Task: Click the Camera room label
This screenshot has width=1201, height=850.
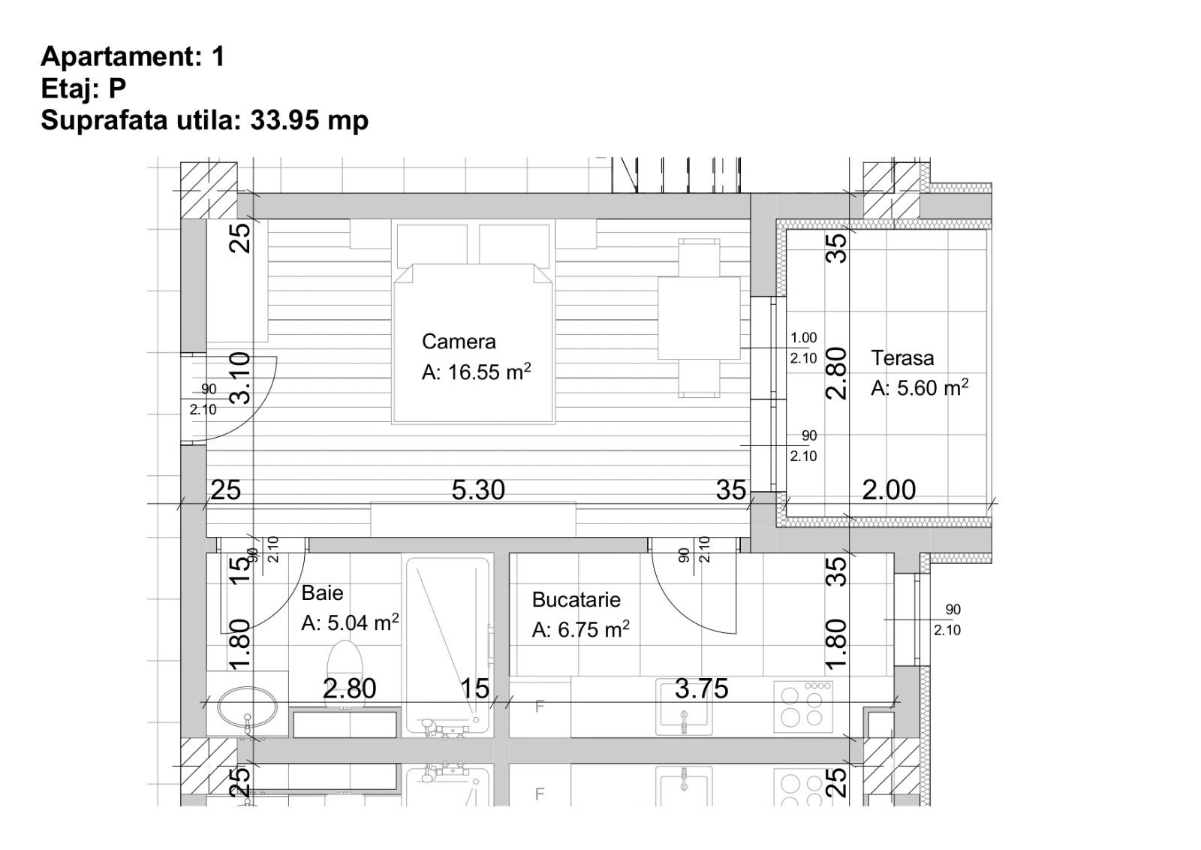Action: [459, 342]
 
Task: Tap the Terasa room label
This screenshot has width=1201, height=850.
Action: [902, 357]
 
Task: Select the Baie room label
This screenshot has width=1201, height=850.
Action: [322, 593]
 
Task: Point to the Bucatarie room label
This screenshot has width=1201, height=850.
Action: [576, 599]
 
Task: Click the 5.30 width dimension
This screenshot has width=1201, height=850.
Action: [478, 490]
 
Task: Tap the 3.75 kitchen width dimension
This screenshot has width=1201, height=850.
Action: [701, 689]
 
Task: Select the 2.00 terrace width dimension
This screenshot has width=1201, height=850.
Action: [889, 490]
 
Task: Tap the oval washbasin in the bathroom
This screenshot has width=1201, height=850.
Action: [248, 707]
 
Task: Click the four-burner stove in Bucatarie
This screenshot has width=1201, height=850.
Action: [803, 707]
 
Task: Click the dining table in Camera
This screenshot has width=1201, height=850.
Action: [699, 318]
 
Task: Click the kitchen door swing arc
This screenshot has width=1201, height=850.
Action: [679, 605]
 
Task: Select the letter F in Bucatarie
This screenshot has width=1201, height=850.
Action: [540, 707]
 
